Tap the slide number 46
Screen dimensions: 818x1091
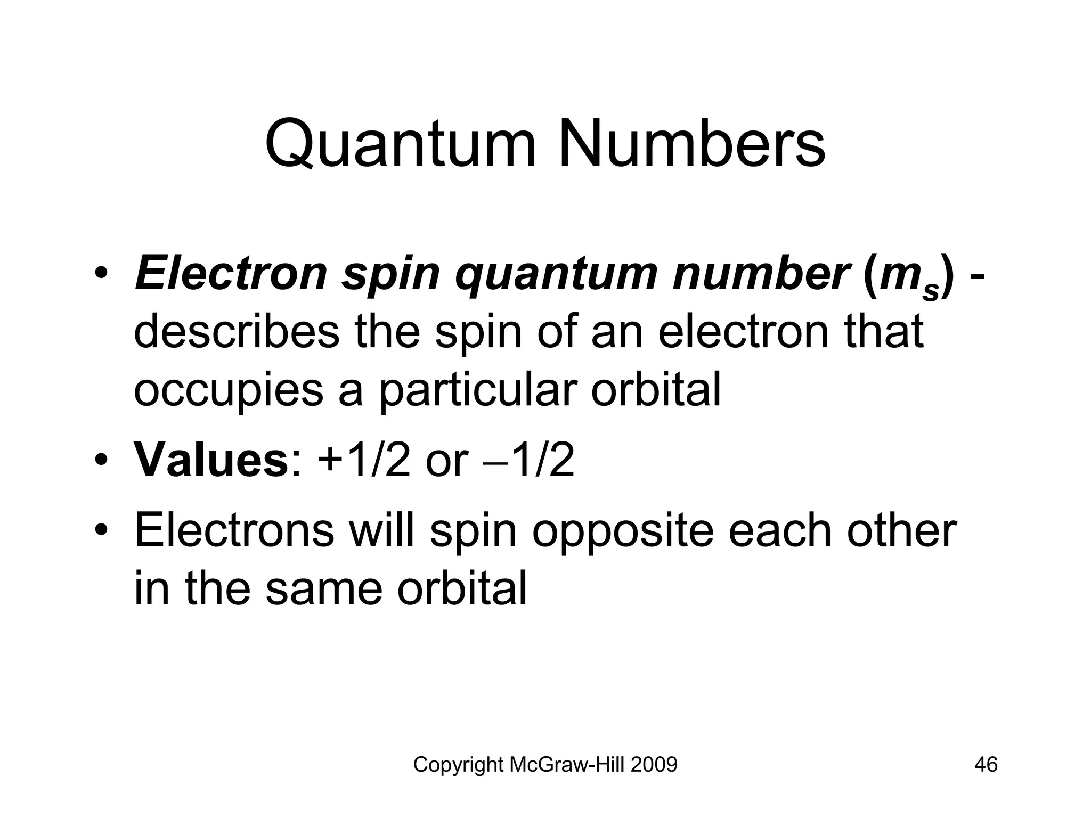pos(986,765)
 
